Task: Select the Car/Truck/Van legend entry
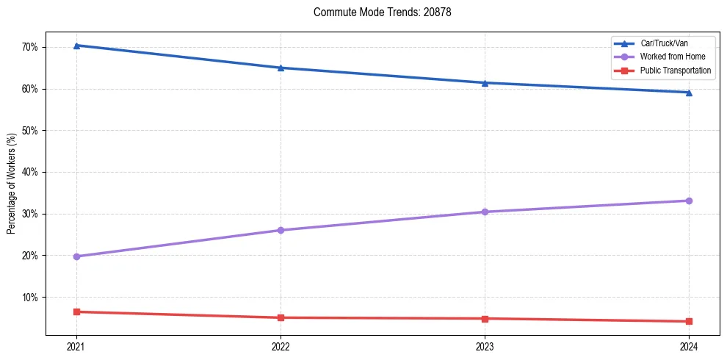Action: (x=664, y=43)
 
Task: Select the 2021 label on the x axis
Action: (x=76, y=346)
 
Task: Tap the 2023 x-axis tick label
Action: (x=485, y=346)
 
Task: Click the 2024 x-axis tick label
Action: (x=689, y=346)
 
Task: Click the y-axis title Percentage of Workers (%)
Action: (x=12, y=184)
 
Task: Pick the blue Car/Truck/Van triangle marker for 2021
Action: (x=76, y=46)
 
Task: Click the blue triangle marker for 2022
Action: (x=281, y=68)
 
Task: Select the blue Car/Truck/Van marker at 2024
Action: (x=689, y=93)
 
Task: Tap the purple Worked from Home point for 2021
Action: (x=76, y=256)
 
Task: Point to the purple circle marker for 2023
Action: (x=485, y=212)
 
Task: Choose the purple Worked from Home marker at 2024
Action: (x=689, y=201)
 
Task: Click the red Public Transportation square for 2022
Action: (x=281, y=317)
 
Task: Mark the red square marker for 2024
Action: (x=689, y=321)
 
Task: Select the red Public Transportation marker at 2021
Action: (x=76, y=312)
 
